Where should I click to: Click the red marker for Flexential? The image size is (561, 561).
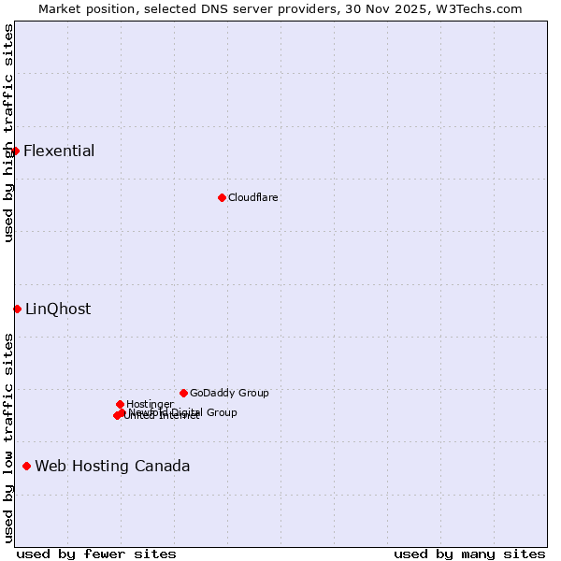point(15,151)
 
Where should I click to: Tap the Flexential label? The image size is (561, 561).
point(59,151)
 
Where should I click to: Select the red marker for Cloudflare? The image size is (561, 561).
point(222,197)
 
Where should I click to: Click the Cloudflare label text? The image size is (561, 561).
point(253,197)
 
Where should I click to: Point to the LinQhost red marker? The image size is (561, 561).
point(17,309)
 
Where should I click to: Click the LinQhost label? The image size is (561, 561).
point(58,309)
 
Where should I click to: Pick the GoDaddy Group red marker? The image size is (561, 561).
point(183,393)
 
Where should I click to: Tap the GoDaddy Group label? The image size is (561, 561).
point(229,394)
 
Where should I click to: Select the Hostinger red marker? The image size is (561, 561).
point(120,404)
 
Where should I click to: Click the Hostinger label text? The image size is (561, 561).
point(150,404)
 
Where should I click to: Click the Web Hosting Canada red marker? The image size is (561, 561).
point(26,466)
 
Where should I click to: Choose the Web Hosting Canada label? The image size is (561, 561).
point(112,467)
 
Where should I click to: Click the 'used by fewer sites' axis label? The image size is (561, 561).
point(96,554)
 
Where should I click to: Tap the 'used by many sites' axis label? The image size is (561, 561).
point(469,554)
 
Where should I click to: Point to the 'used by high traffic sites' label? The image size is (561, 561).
point(9,133)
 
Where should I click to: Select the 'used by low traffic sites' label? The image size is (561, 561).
point(9,438)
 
